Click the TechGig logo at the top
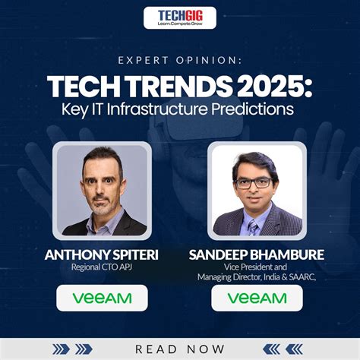pyautogui.click(x=180, y=16)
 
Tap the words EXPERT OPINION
pyautogui.click(x=179, y=61)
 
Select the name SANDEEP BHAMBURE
pyautogui.click(x=257, y=256)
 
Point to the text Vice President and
pyautogui.click(x=257, y=268)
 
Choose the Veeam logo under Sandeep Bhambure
pyautogui.click(x=257, y=298)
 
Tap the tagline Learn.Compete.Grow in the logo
pyautogui.click(x=180, y=24)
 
